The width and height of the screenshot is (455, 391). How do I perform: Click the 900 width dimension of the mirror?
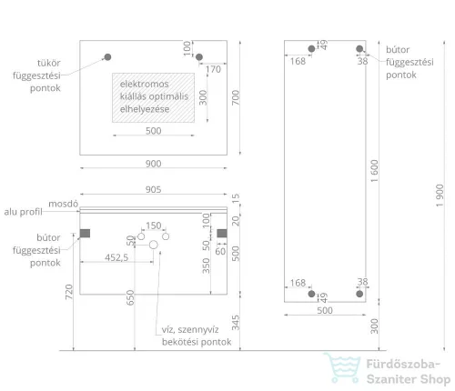153,164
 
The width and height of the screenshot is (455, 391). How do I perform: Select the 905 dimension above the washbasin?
153,189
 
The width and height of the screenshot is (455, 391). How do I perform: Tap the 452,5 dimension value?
116,257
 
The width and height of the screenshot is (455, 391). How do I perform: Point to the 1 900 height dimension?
440,195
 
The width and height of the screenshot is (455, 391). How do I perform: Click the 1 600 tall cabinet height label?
375,171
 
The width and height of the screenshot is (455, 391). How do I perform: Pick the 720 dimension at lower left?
69,292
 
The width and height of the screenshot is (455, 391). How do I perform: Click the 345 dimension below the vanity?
236,323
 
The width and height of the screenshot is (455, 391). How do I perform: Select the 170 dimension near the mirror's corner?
213,69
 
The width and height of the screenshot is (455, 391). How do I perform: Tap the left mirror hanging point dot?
107,57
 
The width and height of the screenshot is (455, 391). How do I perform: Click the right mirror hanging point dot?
199,57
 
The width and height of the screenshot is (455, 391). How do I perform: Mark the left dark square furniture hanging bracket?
85,234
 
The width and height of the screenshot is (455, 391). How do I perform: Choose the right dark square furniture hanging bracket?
222,234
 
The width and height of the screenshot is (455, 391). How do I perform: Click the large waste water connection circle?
154,245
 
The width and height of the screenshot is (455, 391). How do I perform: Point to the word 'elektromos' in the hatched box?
144,84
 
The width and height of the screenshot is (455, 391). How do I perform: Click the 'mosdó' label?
64,204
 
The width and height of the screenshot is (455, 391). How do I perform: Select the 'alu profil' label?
23,212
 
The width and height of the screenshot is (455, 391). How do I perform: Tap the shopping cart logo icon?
342,367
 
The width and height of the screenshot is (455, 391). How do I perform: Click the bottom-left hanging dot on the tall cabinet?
311,294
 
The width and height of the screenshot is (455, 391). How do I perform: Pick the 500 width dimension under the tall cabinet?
325,311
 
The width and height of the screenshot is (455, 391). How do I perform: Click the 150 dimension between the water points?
154,226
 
